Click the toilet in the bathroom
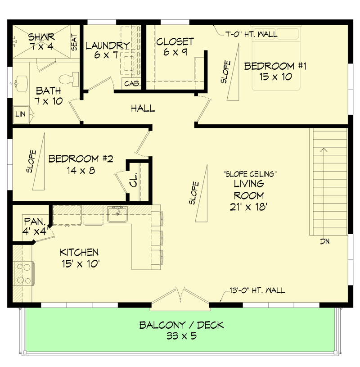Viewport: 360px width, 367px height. (x=67, y=80)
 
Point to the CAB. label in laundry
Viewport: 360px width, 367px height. (x=131, y=84)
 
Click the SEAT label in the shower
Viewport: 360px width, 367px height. (x=74, y=43)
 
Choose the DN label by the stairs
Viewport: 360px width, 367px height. (x=325, y=242)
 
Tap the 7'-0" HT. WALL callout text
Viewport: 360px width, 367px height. (x=252, y=34)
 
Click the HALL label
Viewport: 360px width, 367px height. (x=143, y=109)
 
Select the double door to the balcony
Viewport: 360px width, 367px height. (x=180, y=297)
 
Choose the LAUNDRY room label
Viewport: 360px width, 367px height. (x=107, y=45)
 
